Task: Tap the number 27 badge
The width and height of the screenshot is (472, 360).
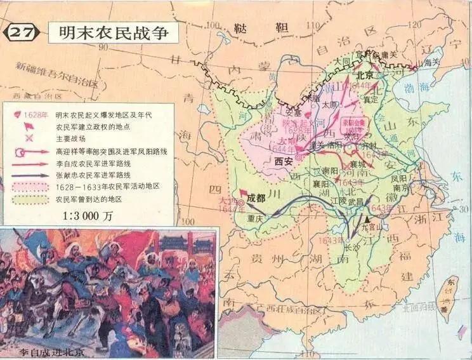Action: (x=23, y=33)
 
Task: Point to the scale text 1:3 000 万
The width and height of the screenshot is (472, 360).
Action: (x=91, y=215)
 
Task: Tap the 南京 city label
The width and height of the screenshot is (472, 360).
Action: (x=399, y=188)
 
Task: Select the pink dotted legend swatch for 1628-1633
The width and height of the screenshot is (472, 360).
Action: (x=32, y=187)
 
